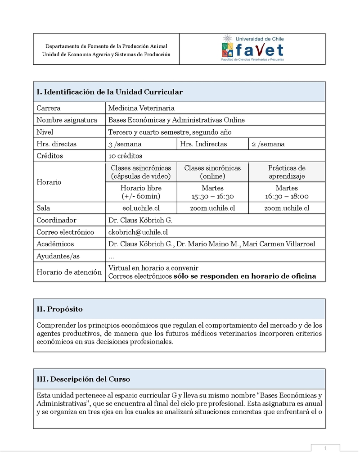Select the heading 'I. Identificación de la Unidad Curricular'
pyautogui.click(x=109, y=92)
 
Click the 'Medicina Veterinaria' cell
pyautogui.click(x=141, y=108)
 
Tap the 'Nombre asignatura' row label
pyautogui.click(x=67, y=120)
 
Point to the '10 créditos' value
pyautogui.click(x=125, y=156)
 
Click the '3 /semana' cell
pyautogui.click(x=125, y=144)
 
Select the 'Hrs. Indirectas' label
pyautogui.click(x=203, y=144)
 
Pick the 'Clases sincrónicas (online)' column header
pyautogui.click(x=212, y=172)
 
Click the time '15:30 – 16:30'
pyautogui.click(x=212, y=196)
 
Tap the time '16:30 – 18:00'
pyautogui.click(x=287, y=196)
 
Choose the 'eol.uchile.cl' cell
pyautogui.click(x=141, y=208)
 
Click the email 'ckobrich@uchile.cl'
pyautogui.click(x=138, y=232)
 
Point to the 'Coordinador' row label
pyautogui.click(x=56, y=220)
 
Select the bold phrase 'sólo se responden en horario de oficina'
pyautogui.click(x=245, y=276)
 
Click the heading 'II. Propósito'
pyautogui.click(x=59, y=309)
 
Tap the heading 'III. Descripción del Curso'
pyautogui.click(x=83, y=379)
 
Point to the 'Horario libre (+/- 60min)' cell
pyautogui.click(x=141, y=192)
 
